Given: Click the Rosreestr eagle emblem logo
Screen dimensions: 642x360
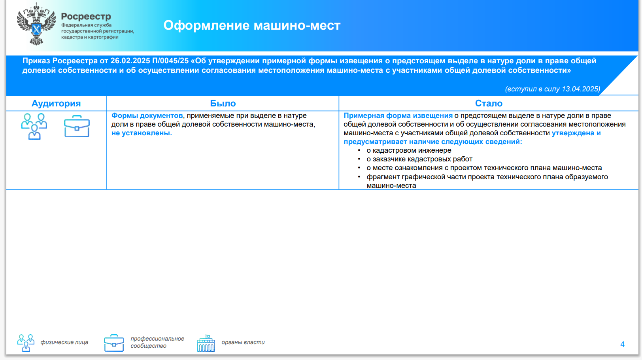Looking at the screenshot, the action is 36,24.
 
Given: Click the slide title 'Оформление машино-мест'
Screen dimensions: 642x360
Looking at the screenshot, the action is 252,26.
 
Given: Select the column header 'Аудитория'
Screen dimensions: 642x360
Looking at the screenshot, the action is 56,103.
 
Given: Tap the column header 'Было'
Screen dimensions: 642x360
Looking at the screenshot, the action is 223,103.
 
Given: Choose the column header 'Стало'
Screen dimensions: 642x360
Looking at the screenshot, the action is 489,103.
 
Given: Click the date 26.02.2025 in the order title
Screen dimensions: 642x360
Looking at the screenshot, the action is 130,61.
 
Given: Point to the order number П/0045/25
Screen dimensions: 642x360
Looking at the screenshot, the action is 170,61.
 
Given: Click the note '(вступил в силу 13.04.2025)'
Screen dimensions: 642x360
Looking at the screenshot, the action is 553,89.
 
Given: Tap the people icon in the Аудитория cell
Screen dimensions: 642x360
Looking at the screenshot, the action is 34,127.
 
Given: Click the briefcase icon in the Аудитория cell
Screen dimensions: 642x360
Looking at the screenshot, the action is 77,127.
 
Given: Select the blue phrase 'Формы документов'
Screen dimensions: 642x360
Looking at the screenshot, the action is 147,116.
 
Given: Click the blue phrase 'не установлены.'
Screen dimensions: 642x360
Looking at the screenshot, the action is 142,133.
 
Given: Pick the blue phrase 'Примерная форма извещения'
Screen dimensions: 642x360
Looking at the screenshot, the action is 398,116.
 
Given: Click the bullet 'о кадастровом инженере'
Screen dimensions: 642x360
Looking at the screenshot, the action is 409,150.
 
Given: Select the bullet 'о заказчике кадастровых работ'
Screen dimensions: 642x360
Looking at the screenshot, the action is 419,159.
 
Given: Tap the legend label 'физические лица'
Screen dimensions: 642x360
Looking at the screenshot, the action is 64,342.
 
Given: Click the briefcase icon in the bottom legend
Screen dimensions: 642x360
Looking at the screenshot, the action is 114,343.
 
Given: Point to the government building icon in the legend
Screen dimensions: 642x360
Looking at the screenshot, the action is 206,343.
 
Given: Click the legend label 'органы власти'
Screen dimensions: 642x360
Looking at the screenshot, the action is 243,342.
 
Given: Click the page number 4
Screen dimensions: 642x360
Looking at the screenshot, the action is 622,344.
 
